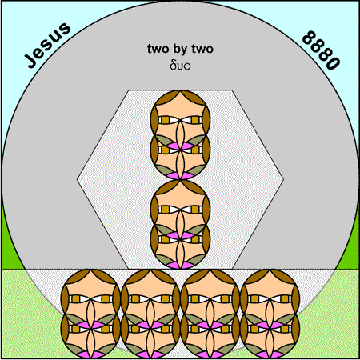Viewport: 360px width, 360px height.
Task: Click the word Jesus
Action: [x=48, y=45]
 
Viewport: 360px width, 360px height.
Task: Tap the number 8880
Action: [x=322, y=50]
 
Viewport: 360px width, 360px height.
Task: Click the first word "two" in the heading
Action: [x=158, y=49]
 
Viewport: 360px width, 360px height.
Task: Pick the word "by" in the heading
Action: [x=180, y=50]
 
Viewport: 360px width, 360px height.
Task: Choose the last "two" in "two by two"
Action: [x=202, y=49]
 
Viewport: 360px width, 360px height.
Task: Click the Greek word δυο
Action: [x=180, y=66]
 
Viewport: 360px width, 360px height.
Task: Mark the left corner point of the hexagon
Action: [x=78, y=179]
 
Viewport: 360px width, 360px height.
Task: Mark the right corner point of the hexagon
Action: [x=284, y=179]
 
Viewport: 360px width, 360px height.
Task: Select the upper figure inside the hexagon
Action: [x=180, y=135]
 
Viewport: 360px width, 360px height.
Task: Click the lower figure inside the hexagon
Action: [x=180, y=225]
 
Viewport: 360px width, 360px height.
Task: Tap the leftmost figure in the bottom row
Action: [x=90, y=314]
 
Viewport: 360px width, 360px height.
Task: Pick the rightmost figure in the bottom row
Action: [x=270, y=314]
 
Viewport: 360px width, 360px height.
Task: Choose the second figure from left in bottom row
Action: [x=150, y=314]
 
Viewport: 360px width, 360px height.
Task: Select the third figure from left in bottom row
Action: [x=210, y=314]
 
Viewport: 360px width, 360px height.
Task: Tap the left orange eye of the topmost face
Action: [x=166, y=120]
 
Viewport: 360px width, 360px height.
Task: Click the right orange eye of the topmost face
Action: [x=195, y=120]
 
